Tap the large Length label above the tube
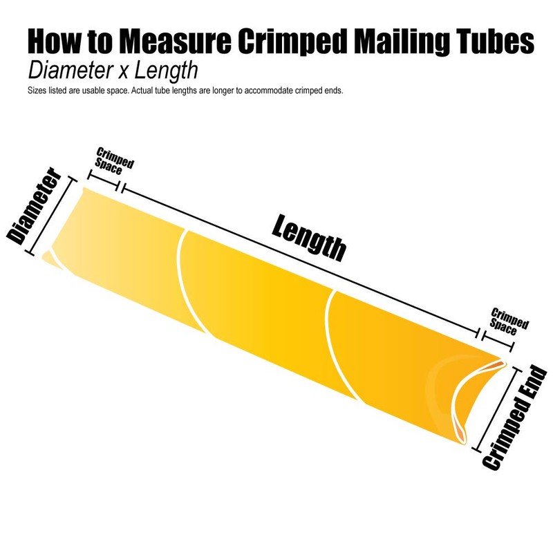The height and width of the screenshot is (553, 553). (308, 237)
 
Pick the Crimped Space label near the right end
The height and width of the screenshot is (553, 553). (508, 319)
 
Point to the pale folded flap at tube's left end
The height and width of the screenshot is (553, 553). (50, 259)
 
